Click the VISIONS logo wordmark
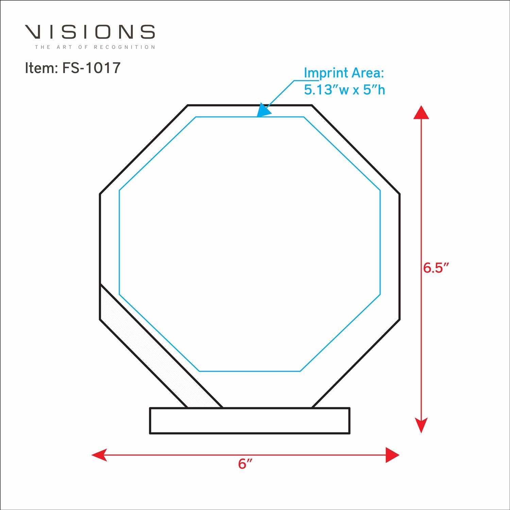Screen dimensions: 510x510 pos(90,32)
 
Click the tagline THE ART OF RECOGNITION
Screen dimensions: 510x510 pos(95,47)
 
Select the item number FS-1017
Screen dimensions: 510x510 pos(91,68)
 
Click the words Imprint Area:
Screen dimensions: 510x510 pos(344,73)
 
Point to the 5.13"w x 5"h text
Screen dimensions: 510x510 pos(344,90)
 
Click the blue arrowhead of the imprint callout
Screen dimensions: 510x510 pos(263,111)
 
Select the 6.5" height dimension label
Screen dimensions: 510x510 pos(436,268)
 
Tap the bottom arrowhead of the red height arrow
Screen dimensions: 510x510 pos(421,425)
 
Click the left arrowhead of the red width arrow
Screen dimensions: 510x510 pos(99,455)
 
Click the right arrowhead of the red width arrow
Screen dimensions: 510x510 pos(392,455)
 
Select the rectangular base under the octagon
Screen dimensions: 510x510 pos(250,421)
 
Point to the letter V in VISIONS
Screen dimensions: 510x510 pos(34,32)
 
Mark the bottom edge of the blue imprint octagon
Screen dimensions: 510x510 pos(250,371)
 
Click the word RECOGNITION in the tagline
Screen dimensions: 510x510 pos(124,47)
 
